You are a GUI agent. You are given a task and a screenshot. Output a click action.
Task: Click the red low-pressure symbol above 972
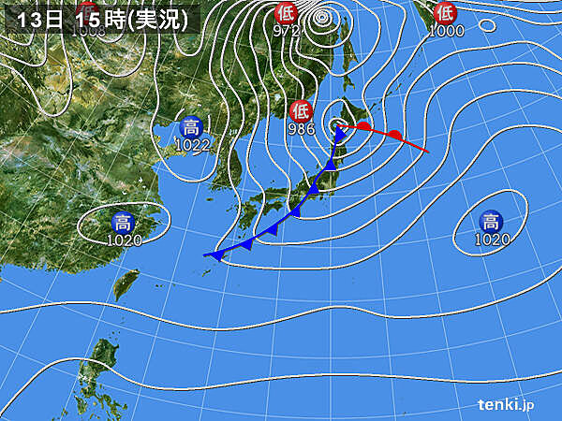[285, 12]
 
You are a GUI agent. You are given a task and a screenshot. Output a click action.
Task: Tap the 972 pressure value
[285, 31]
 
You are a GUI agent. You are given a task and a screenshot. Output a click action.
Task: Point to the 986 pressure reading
[301, 129]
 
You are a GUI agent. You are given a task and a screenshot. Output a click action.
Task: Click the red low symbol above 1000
[445, 12]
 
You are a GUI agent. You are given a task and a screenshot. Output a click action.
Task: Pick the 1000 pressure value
[446, 31]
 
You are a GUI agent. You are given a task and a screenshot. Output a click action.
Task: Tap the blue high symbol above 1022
[190, 126]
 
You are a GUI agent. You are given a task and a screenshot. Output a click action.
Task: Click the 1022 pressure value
[190, 145]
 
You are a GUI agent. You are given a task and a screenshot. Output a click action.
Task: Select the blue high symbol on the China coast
[123, 222]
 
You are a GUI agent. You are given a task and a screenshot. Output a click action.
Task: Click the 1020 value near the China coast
[123, 240]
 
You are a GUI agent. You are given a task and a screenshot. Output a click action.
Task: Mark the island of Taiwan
[124, 283]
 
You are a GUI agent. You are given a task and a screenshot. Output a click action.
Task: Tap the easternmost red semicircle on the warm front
[397, 137]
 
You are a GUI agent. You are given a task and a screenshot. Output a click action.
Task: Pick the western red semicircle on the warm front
[363, 125]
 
